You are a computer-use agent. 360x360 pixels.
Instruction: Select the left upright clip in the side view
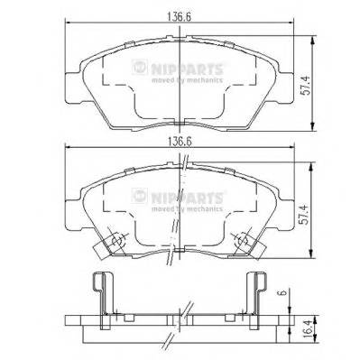[x=101, y=293]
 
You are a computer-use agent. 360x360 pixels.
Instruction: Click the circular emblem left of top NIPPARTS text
[x=139, y=66]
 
